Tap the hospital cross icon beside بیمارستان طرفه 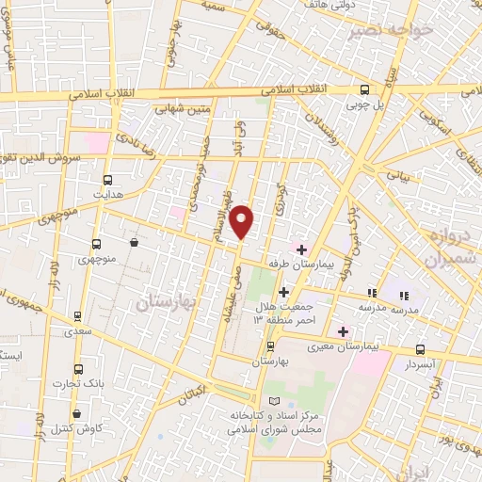[x=301, y=249]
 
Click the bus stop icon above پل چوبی [x=365, y=89]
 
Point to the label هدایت [x=107, y=194]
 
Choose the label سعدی [x=77, y=332]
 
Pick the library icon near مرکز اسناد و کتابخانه [x=274, y=401]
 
